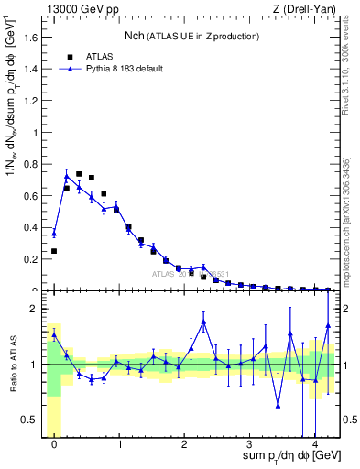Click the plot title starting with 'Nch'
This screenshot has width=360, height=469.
pyautogui.click(x=191, y=36)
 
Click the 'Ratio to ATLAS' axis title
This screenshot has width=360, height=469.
pyautogui.click(x=12, y=365)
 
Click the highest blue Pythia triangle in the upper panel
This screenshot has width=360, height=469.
pyautogui.click(x=66, y=176)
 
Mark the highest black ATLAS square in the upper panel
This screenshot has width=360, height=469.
pyautogui.click(x=79, y=174)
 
